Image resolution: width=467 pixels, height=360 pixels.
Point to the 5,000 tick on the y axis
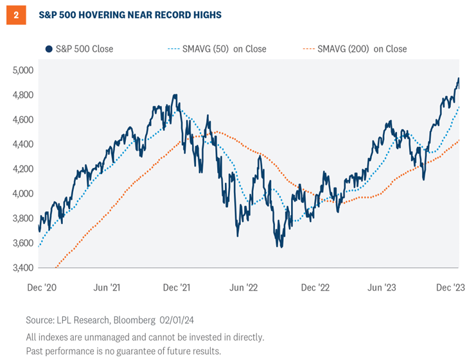point(23,70)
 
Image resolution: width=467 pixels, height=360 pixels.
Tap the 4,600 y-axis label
point(23,119)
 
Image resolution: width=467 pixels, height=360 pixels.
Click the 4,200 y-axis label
point(23,169)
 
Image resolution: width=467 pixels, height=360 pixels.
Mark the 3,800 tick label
point(23,218)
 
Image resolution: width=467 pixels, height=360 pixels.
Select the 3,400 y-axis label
point(23,268)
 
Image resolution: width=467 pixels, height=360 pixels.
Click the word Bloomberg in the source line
point(135,319)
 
